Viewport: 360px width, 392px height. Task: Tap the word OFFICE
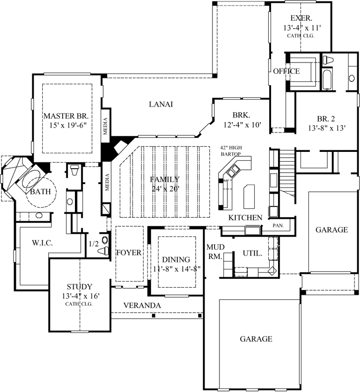(x=286, y=71)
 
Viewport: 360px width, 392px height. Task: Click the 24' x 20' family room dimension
(x=166, y=189)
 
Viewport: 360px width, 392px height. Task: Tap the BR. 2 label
(x=327, y=119)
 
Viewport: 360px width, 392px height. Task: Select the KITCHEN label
(x=245, y=218)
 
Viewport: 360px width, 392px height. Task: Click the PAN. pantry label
(x=278, y=226)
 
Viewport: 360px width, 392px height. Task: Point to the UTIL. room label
(x=252, y=253)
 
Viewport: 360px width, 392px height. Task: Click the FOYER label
(x=129, y=253)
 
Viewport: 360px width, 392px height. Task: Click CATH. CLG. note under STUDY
(x=79, y=304)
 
